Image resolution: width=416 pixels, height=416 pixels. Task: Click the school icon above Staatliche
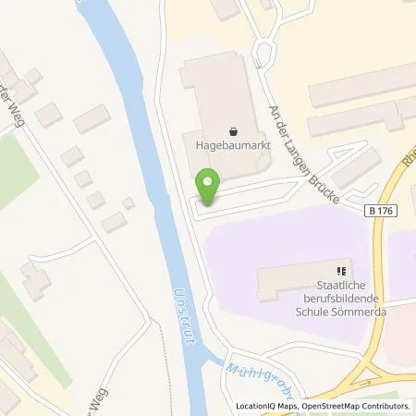pyautogui.click(x=342, y=271)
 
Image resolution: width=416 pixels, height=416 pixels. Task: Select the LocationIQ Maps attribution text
pyautogui.click(x=263, y=407)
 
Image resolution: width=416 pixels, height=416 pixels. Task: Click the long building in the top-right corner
pyautogui.click(x=361, y=85)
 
